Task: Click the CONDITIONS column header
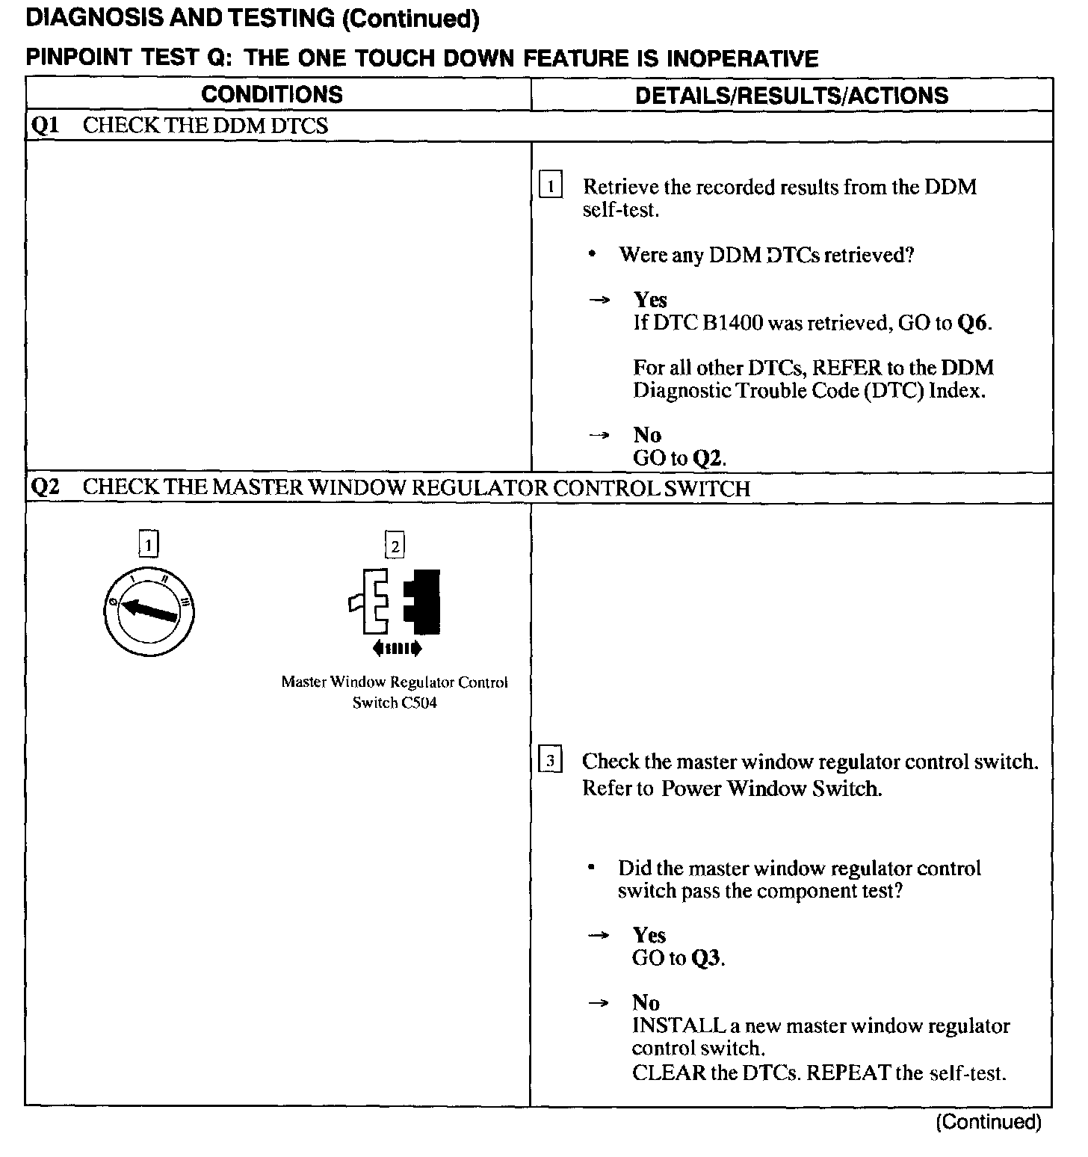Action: pyautogui.click(x=272, y=94)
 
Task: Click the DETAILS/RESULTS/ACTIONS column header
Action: pyautogui.click(x=791, y=95)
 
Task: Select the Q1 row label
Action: pyautogui.click(x=45, y=126)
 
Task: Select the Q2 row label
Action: pyautogui.click(x=45, y=487)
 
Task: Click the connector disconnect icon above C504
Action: pyautogui.click(x=395, y=602)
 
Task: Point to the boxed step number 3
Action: pyautogui.click(x=550, y=762)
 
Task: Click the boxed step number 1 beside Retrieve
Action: pyautogui.click(x=550, y=185)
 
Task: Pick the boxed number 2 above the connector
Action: pyautogui.click(x=395, y=546)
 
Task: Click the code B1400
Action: pyautogui.click(x=732, y=323)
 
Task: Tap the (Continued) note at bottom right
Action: pyautogui.click(x=988, y=1122)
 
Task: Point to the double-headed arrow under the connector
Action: pyautogui.click(x=396, y=648)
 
